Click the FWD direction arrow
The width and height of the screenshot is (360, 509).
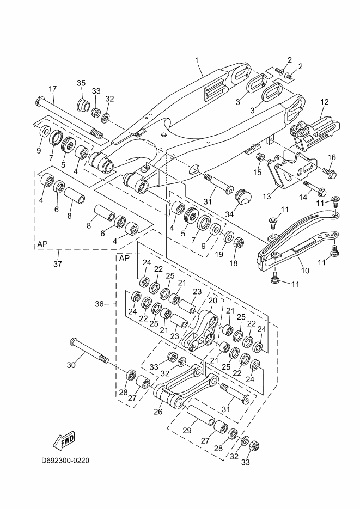[64, 441]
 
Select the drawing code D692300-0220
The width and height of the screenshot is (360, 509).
[65, 461]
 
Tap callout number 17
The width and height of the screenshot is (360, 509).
[53, 89]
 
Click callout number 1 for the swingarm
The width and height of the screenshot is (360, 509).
[197, 60]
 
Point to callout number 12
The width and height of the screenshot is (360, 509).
[324, 102]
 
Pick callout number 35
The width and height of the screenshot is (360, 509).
[81, 83]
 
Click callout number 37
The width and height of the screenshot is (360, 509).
[57, 264]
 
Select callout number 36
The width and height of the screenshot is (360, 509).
[99, 304]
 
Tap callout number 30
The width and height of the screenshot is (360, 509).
[71, 365]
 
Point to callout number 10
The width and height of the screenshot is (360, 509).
[305, 271]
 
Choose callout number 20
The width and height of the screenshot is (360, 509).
[212, 301]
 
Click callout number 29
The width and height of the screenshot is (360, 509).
[187, 431]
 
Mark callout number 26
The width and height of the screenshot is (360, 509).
[158, 412]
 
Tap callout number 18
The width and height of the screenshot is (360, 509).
[234, 263]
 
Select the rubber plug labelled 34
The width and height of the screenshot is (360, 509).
[243, 197]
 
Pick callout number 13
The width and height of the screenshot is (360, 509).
[266, 197]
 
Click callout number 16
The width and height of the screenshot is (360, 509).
[332, 157]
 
